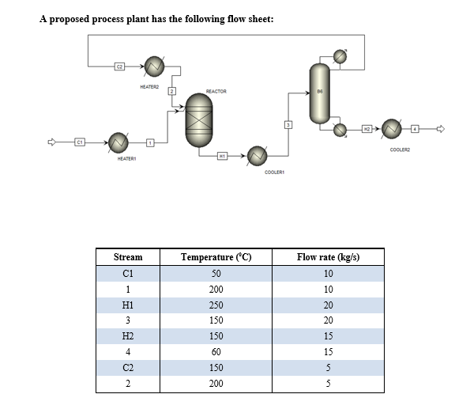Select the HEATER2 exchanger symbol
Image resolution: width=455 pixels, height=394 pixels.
(x=154, y=66)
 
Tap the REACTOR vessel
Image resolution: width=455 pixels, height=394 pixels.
(x=199, y=121)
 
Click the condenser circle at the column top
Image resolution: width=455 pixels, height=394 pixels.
(x=340, y=56)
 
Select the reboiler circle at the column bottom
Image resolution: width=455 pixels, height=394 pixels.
(x=340, y=129)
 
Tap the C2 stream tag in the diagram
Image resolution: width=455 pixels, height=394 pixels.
(x=120, y=66)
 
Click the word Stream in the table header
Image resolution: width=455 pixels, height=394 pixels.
(x=128, y=257)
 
